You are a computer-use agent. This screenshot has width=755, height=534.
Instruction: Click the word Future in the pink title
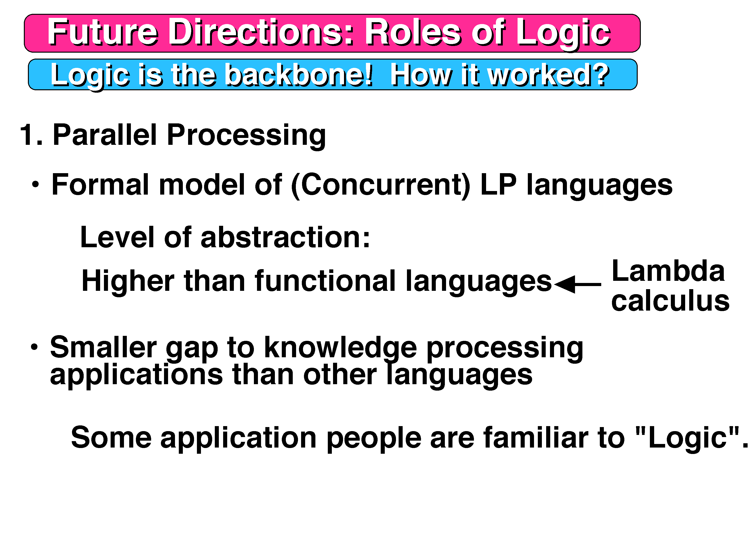[103, 32]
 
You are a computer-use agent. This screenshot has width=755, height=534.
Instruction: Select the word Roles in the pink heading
[413, 32]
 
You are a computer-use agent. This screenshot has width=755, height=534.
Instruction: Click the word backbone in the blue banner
[299, 75]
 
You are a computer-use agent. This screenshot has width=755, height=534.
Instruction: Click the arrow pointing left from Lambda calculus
[578, 284]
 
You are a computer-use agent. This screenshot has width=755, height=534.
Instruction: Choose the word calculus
[670, 301]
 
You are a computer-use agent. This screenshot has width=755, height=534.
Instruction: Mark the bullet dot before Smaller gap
[34, 347]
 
